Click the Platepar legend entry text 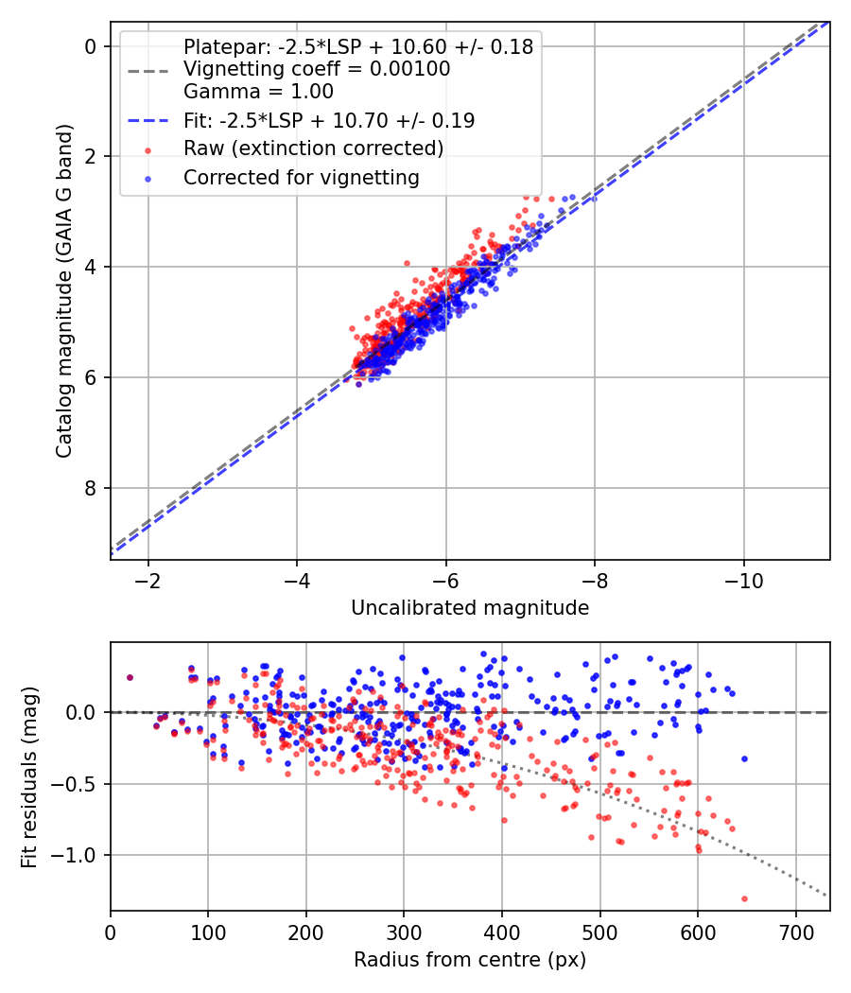click(357, 46)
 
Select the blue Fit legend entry click(329, 120)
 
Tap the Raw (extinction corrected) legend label click(313, 148)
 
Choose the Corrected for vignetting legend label click(302, 177)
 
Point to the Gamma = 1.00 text click(258, 92)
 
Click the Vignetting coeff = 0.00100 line click(317, 69)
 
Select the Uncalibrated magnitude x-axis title click(470, 608)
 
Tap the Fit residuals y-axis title click(29, 776)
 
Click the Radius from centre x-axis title click(470, 960)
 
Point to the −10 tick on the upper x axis click(743, 579)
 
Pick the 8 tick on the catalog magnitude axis click(91, 488)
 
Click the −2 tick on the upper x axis click(148, 579)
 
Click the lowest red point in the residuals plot click(744, 898)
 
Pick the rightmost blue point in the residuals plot click(744, 758)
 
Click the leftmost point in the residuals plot click(130, 677)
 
